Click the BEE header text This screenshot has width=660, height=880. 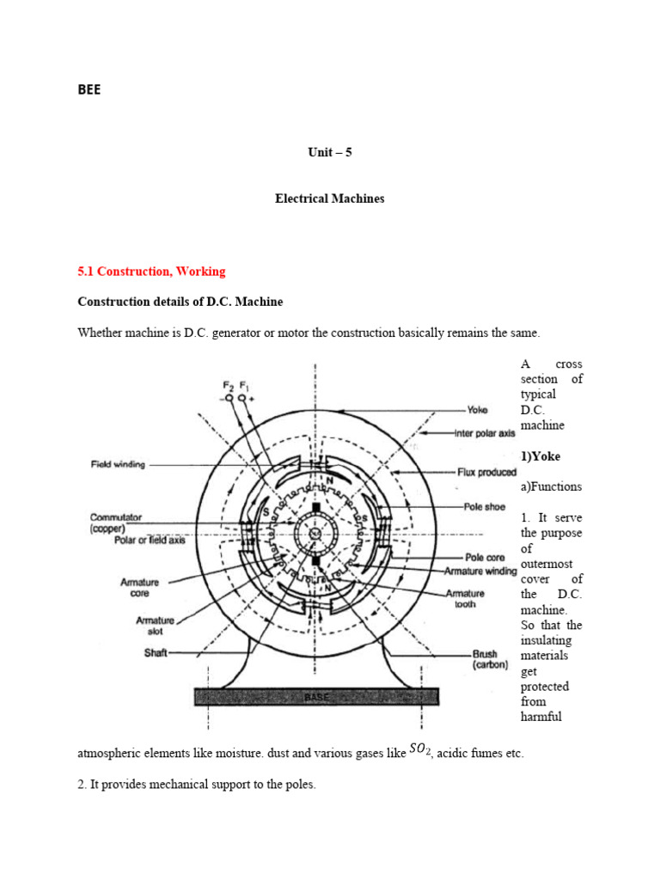point(89,89)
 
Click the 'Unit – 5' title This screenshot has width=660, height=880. point(330,152)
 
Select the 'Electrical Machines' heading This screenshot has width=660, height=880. point(330,199)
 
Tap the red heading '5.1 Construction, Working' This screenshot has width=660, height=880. point(151,272)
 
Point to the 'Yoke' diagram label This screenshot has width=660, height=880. point(477,410)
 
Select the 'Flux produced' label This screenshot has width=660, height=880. point(486,472)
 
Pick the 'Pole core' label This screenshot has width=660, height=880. point(484,558)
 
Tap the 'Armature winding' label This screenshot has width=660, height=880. point(480,571)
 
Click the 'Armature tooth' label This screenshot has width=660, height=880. point(465,598)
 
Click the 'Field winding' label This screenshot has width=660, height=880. point(118,465)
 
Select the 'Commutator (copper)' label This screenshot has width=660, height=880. point(115,522)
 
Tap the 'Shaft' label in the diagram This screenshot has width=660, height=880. point(156,652)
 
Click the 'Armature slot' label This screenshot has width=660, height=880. point(155,626)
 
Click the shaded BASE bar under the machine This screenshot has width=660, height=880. point(317,697)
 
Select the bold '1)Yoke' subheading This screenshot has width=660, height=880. point(540,456)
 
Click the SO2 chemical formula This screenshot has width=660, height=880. point(419,750)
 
